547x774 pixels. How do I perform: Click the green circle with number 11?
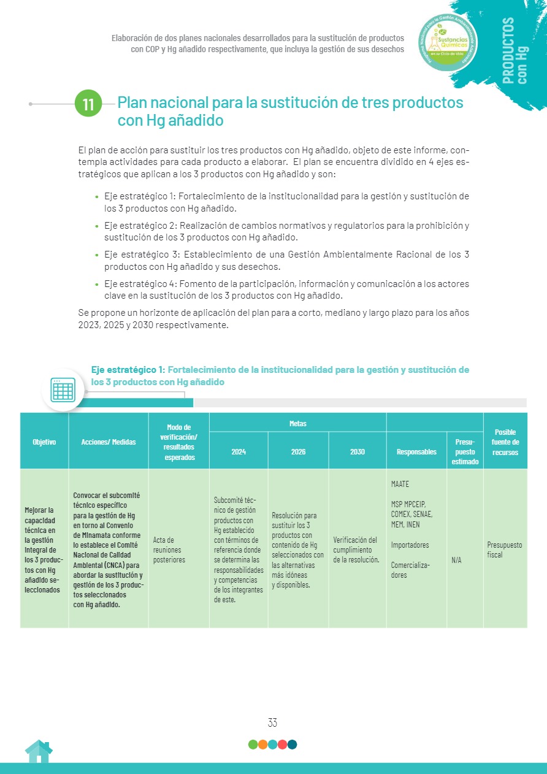[x=89, y=104]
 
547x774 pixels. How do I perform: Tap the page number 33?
[x=272, y=722]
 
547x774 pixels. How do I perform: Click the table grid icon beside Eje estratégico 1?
[x=63, y=389]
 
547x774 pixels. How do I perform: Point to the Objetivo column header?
[x=44, y=442]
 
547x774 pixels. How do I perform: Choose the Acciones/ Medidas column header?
[x=109, y=442]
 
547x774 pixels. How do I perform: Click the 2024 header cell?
[x=239, y=451]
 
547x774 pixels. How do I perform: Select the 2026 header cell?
[x=298, y=451]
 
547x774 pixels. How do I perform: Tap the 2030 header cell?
[x=358, y=451]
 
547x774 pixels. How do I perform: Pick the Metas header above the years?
[x=298, y=423]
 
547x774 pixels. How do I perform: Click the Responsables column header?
[x=416, y=451]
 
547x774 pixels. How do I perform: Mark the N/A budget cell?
[x=457, y=560]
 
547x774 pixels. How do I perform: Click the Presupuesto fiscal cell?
[x=505, y=550]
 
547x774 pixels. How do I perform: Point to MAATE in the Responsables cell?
[x=400, y=485]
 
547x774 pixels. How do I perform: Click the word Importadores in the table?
[x=410, y=545]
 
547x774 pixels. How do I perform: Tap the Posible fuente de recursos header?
[x=505, y=442]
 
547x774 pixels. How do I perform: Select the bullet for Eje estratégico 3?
[x=97, y=255]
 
